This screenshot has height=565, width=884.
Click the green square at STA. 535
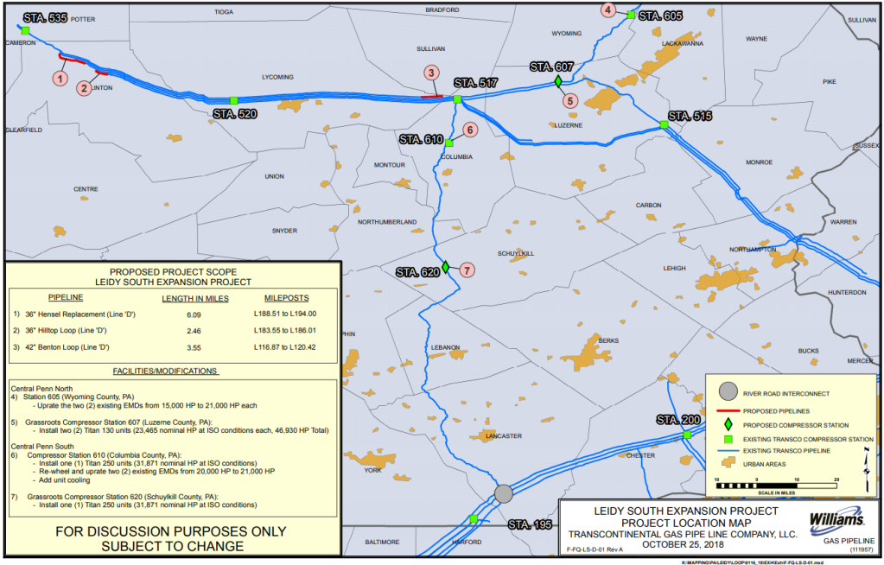[x=26, y=30]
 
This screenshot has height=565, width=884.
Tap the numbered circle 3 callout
[x=430, y=73]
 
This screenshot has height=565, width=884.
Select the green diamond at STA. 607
[x=558, y=80]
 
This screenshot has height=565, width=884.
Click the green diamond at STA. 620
[x=445, y=266]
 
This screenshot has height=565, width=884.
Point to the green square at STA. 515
[x=664, y=125]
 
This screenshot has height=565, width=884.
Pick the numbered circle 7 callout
[x=467, y=270]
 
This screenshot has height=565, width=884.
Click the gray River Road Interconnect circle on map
[x=503, y=493]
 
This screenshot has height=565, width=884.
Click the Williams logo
[x=837, y=521]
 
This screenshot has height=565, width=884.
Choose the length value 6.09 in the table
[x=194, y=314]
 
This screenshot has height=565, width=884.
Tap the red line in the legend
[x=729, y=409]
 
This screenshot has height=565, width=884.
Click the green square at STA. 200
[x=687, y=435]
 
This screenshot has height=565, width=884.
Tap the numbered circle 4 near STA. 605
[x=608, y=10]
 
